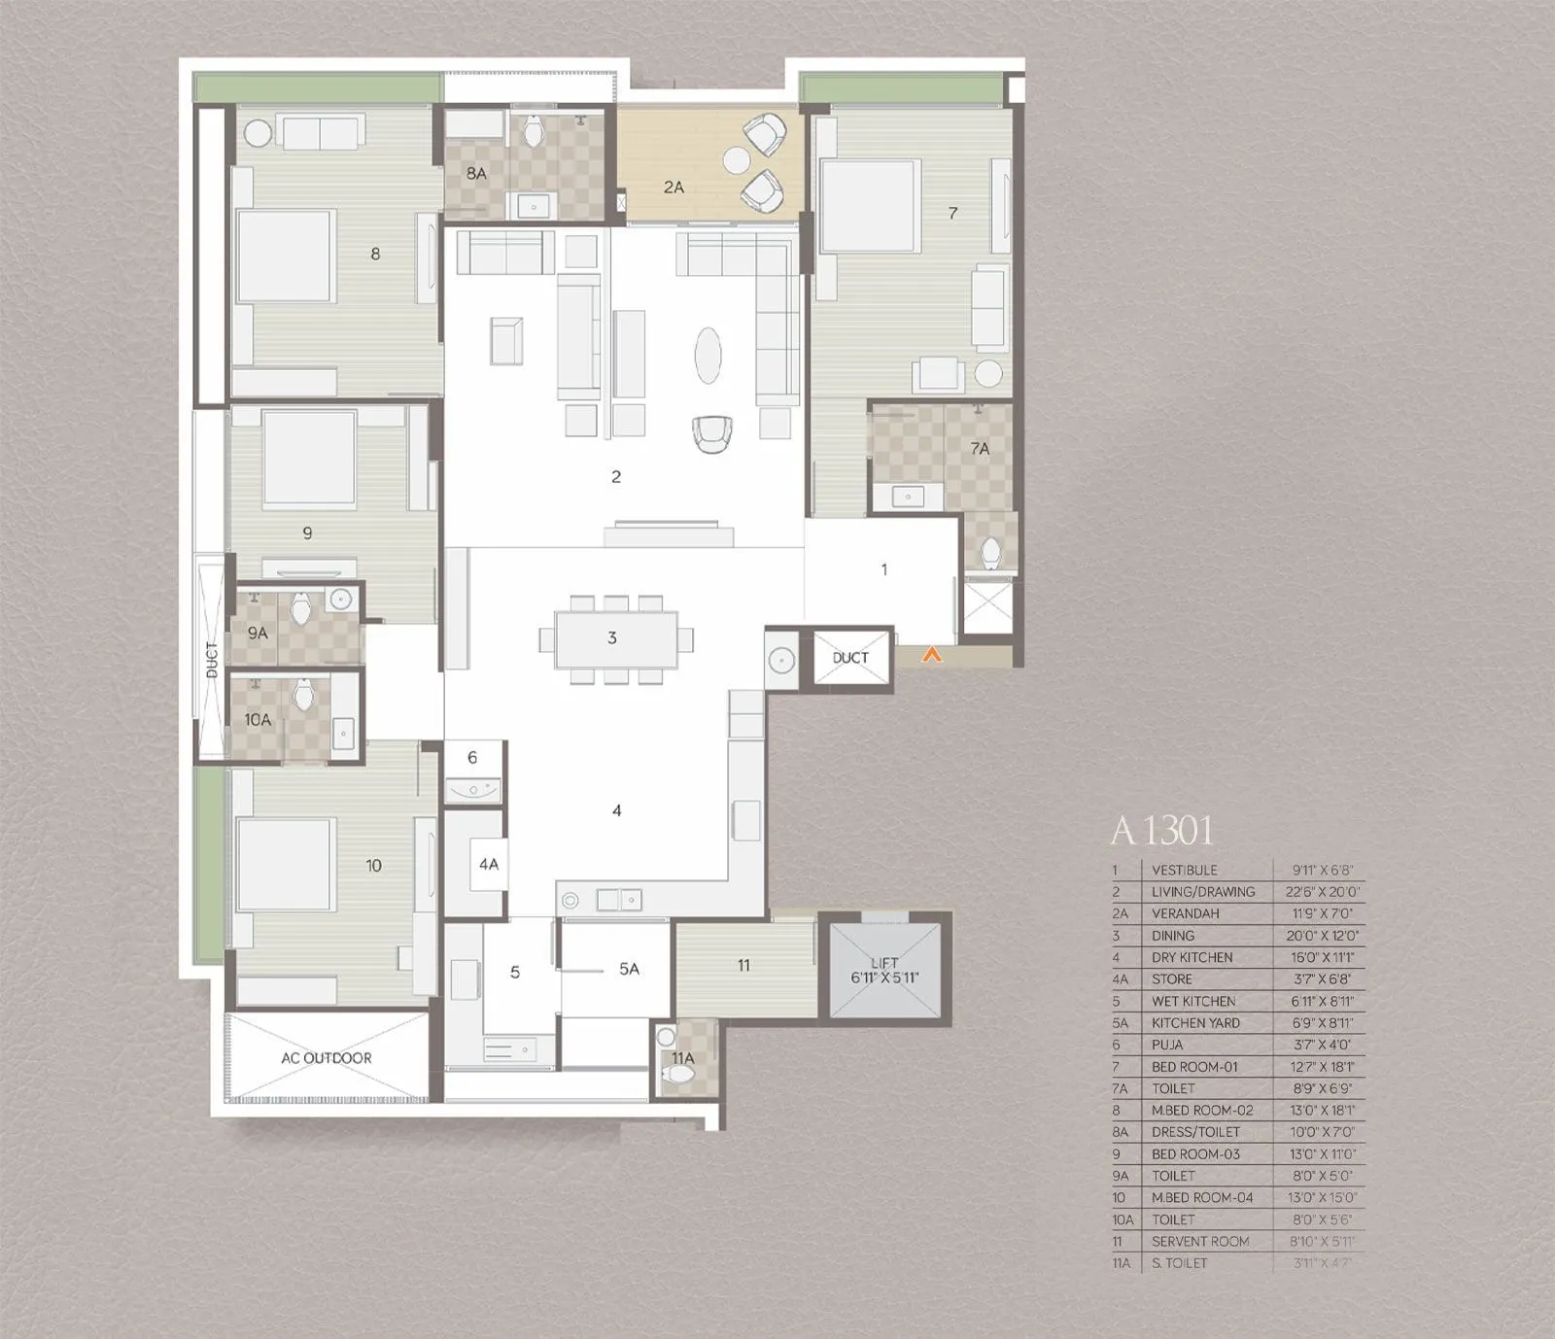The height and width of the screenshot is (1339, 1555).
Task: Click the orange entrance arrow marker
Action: click(932, 656)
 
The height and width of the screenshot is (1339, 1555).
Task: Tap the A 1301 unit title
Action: click(1162, 831)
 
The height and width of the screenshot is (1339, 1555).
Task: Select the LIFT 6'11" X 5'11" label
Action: click(884, 970)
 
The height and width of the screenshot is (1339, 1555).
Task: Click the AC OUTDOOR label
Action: click(327, 1057)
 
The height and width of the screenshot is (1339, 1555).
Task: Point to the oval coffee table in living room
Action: click(708, 357)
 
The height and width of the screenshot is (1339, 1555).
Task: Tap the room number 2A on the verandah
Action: click(674, 187)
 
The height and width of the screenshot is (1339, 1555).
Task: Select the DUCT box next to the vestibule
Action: click(850, 658)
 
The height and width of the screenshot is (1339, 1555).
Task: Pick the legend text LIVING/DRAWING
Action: click(1203, 892)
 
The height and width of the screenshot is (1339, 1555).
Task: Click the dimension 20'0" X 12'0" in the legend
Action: click(1323, 936)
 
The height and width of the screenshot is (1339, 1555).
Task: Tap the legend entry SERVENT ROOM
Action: click(1200, 1242)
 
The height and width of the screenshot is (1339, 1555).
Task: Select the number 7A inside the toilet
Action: click(980, 449)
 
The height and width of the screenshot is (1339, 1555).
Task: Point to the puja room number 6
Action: click(472, 758)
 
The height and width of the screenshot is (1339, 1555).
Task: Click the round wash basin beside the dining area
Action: click(781, 661)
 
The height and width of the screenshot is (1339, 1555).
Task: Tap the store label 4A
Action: click(488, 864)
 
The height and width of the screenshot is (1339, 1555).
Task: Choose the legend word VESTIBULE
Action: click(1184, 871)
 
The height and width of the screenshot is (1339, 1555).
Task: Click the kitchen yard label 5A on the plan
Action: click(629, 969)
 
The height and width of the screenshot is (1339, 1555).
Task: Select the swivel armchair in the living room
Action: click(712, 432)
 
